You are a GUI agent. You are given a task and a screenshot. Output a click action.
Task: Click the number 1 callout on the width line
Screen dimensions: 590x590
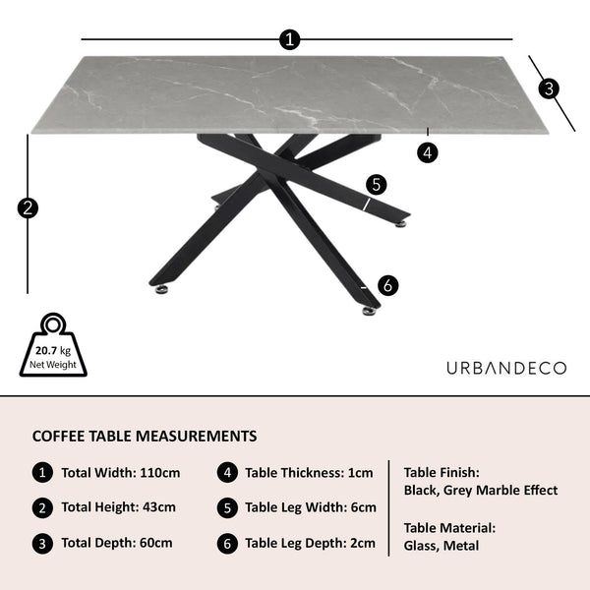tap(290, 39)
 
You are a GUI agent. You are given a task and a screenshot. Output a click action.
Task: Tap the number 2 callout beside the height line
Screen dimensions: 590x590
tap(28, 208)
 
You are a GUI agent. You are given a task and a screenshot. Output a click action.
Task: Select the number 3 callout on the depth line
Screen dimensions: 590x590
tap(549, 88)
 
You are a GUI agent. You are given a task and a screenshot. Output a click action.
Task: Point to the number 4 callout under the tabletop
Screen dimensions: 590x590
tap(428, 152)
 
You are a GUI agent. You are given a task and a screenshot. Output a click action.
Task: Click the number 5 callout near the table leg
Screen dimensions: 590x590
tap(377, 185)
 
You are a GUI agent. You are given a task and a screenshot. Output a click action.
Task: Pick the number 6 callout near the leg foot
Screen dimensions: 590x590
tap(388, 285)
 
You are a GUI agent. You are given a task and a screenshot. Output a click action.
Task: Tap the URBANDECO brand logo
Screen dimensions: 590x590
tap(506, 368)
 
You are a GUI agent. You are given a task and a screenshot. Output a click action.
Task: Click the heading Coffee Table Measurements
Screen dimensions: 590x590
tap(145, 436)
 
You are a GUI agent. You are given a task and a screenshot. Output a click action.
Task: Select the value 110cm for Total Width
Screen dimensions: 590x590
tap(160, 473)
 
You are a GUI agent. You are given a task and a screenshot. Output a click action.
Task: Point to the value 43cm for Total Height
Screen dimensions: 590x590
tap(158, 506)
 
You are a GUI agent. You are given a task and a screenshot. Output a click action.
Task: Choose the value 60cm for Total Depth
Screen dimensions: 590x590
tap(155, 543)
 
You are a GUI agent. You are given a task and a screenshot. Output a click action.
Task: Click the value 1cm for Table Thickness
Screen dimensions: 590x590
tap(360, 473)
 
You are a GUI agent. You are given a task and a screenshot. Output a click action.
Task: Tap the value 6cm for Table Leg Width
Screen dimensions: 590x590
tap(364, 507)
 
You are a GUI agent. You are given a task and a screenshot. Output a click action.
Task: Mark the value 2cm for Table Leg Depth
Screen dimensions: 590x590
tap(363, 543)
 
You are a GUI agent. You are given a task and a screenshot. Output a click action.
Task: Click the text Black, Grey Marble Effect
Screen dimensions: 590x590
tap(481, 491)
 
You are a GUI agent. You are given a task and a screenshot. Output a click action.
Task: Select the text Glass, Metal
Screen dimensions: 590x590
tap(442, 546)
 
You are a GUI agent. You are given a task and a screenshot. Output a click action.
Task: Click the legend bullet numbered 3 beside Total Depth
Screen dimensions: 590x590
tap(42, 544)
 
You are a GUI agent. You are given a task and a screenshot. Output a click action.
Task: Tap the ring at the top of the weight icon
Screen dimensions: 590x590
tap(53, 324)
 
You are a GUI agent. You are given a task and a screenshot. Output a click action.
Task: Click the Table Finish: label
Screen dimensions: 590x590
tap(442, 473)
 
